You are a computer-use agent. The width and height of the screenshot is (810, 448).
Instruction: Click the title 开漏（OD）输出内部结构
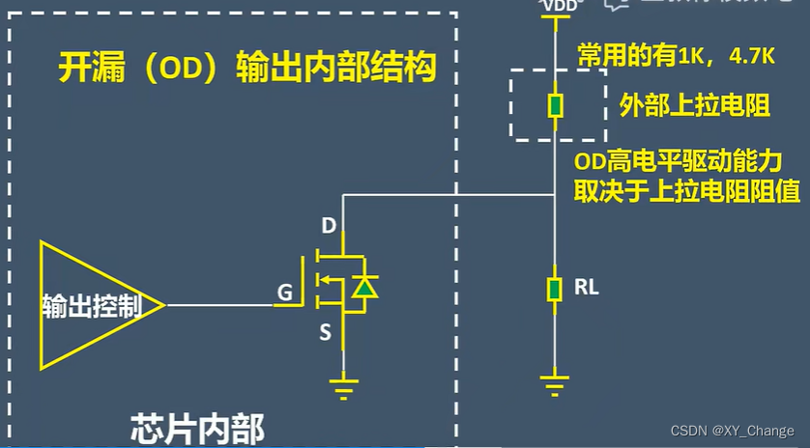pyautogui.click(x=246, y=70)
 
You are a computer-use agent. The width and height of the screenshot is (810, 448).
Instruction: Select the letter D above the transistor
pyautogui.click(x=329, y=228)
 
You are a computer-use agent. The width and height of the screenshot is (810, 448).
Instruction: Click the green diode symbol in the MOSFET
pyautogui.click(x=364, y=286)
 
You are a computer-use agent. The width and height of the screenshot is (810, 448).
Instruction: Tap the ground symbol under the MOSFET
pyautogui.click(x=342, y=389)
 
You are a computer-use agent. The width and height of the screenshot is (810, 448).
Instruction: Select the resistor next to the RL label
pyautogui.click(x=555, y=288)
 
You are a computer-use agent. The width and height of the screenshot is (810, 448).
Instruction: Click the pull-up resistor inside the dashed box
pyautogui.click(x=555, y=105)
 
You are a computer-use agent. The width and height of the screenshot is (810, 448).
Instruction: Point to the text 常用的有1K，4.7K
pyautogui.click(x=676, y=55)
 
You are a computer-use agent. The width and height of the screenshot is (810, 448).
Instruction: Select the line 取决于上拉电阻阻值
pyautogui.click(x=686, y=190)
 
